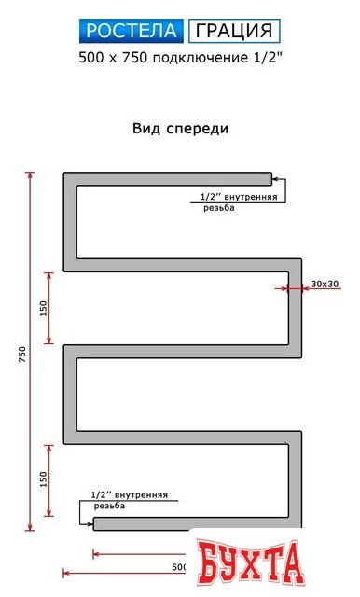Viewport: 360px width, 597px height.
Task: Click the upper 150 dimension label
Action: pos(44,308)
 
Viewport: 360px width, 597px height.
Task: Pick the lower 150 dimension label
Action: pos(44,479)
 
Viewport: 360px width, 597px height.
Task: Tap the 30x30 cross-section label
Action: pos(325,283)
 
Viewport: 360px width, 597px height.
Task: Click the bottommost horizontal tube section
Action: pos(187,524)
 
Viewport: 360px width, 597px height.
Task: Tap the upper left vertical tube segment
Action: pos(70,224)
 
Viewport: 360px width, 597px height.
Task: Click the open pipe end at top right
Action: pos(270,178)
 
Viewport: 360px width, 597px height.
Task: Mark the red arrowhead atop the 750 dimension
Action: pos(31,174)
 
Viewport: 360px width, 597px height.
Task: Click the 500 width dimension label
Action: pos(180,566)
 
